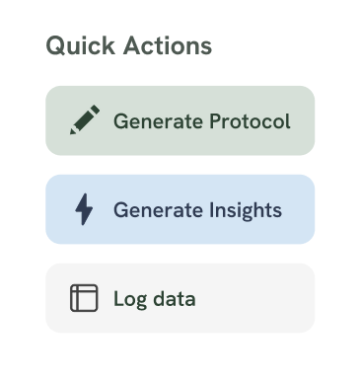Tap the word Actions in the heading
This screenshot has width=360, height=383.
click(161, 45)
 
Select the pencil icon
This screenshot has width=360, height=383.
click(85, 120)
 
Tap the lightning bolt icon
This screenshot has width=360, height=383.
click(85, 209)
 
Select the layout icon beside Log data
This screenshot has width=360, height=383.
click(85, 298)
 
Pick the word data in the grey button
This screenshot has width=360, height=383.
click(174, 299)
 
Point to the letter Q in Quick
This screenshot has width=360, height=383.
click(55, 45)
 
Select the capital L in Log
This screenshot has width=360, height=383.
click(118, 298)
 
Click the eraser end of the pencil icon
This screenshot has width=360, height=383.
click(96, 110)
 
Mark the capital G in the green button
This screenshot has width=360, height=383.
click(120, 121)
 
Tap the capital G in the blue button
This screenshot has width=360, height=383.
click(120, 210)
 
